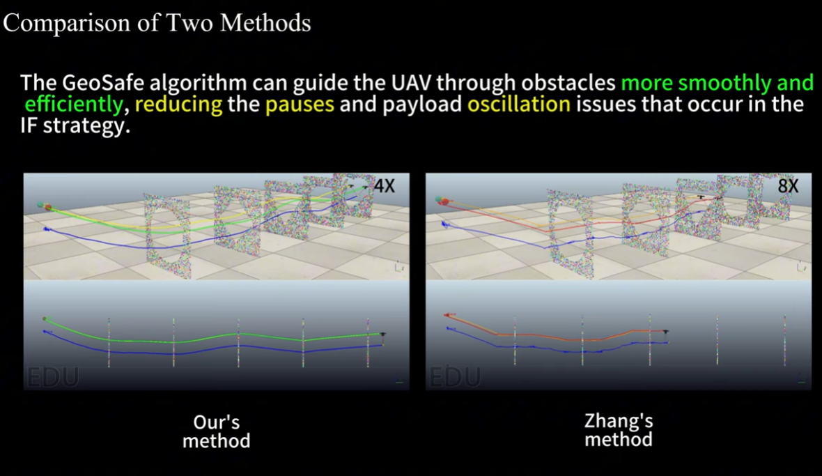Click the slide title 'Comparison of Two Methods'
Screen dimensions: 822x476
click(157, 23)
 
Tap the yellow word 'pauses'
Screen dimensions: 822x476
click(300, 105)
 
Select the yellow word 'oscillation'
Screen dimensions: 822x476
click(518, 104)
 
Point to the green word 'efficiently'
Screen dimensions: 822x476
click(74, 105)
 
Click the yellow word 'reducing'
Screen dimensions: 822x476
click(179, 105)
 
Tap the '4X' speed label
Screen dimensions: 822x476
click(385, 185)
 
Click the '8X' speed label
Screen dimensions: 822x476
click(788, 185)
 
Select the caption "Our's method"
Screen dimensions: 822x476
click(216, 431)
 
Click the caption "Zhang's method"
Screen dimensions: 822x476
click(619, 430)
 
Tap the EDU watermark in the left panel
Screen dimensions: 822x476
click(53, 377)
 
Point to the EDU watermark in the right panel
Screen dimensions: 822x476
click(454, 377)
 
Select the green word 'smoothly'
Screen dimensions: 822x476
click(724, 83)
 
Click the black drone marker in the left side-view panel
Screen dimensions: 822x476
click(383, 335)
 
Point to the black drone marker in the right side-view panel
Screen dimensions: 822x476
click(665, 332)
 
